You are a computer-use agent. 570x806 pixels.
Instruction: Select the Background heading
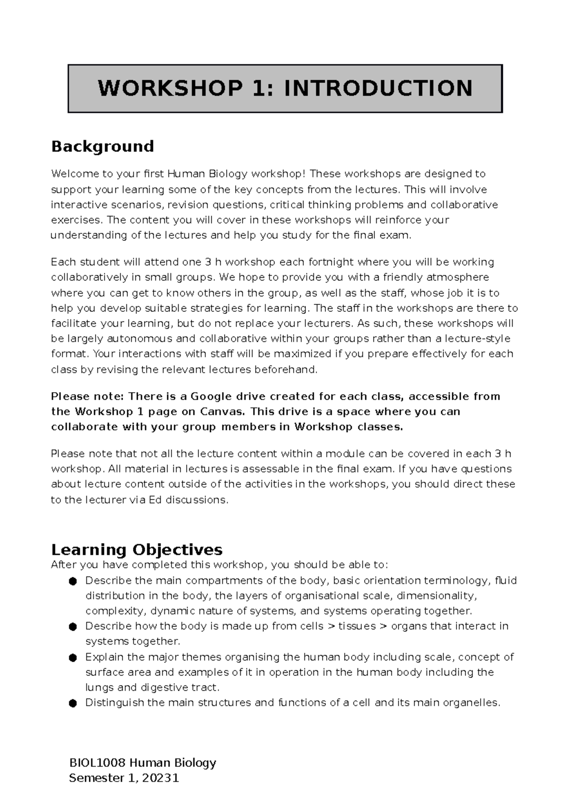click(102, 146)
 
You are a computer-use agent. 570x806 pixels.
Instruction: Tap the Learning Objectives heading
click(136, 550)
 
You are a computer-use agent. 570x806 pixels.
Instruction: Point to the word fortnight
click(330, 262)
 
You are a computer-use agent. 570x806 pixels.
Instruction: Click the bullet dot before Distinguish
click(73, 703)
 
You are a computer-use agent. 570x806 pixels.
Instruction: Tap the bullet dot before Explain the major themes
click(73, 657)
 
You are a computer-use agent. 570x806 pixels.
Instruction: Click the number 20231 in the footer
click(161, 778)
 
